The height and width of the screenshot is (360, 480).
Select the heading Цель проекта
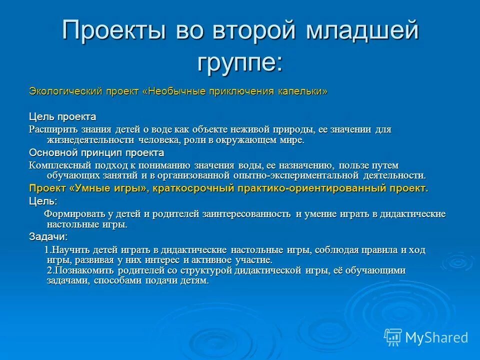coord(62,116)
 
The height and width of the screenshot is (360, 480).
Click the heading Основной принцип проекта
coord(96,152)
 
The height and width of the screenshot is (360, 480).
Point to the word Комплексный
coord(57,165)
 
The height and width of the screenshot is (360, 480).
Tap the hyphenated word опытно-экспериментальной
coord(296,175)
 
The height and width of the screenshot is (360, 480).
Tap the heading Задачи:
coord(48,236)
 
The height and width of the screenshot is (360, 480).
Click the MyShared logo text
coord(436,337)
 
